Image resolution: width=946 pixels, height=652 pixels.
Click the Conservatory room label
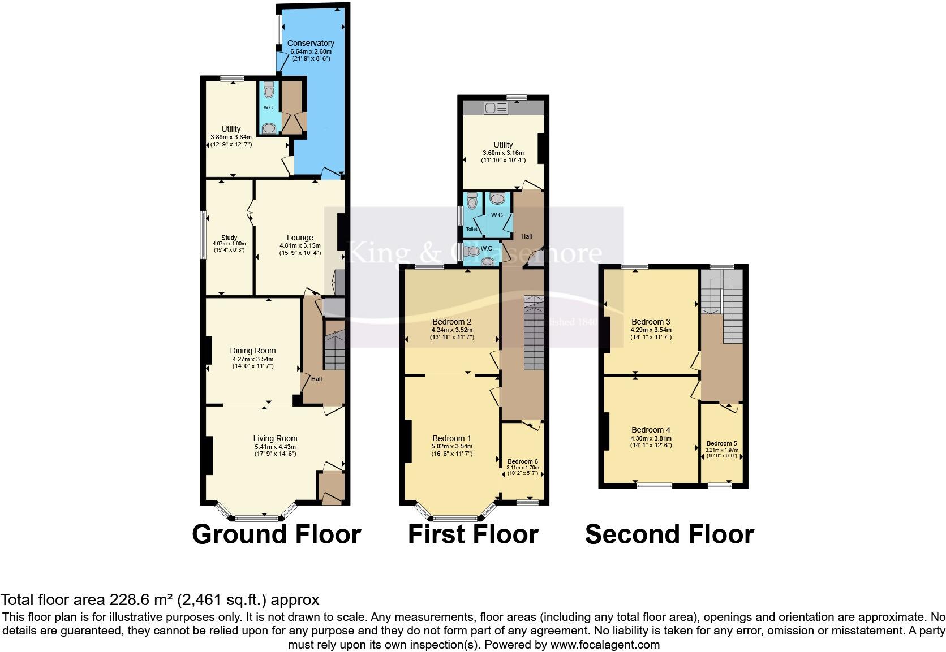[x=311, y=43]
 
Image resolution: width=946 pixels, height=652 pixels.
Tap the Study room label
[x=229, y=238]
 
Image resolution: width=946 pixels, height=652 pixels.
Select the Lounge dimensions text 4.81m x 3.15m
[x=300, y=245]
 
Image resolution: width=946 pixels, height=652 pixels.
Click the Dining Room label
[x=252, y=351]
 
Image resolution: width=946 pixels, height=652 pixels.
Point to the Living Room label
[x=275, y=438]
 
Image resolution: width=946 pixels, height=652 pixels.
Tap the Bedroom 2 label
[x=451, y=322]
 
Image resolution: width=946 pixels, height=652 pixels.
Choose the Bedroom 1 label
[x=451, y=438]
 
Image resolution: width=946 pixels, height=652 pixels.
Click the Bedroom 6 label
[x=523, y=461]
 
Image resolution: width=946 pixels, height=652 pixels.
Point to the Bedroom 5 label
[x=721, y=443]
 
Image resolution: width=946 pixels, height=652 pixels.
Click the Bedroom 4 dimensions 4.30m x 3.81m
[x=651, y=438]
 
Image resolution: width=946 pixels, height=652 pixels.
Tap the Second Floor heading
[x=669, y=534]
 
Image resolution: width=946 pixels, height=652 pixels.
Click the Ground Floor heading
[x=276, y=534]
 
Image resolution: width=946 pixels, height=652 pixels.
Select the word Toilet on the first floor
[x=471, y=229]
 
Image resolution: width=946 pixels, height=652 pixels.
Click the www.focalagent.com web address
[x=605, y=644]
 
